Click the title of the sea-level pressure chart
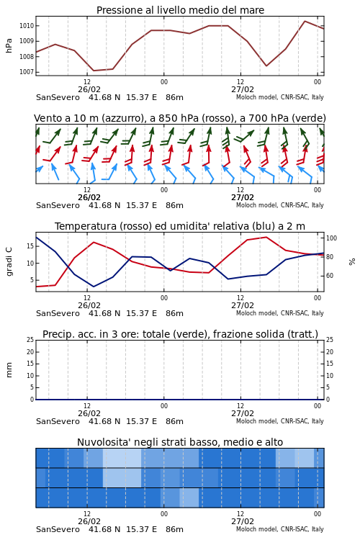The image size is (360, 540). (x=180, y=10)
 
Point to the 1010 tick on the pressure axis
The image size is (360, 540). (x=26, y=26)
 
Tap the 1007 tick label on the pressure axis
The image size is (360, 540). (x=26, y=72)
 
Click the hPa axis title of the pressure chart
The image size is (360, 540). (x=9, y=45)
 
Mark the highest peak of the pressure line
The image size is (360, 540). (x=305, y=21)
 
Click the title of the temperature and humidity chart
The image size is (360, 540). (x=180, y=226)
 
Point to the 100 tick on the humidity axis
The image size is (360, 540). (x=331, y=238)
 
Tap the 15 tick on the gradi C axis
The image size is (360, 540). (x=30, y=246)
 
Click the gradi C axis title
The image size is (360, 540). (x=9, y=261)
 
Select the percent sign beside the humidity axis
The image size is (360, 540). (x=352, y=262)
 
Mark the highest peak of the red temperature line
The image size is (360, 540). (x=266, y=237)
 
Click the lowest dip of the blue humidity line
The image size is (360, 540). (x=94, y=287)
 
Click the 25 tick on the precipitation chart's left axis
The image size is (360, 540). (x=30, y=340)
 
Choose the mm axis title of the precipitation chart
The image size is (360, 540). (x=9, y=370)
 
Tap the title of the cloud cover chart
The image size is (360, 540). (x=180, y=442)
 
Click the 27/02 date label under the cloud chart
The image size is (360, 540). (x=243, y=521)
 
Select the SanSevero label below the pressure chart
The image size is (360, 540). (x=58, y=97)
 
